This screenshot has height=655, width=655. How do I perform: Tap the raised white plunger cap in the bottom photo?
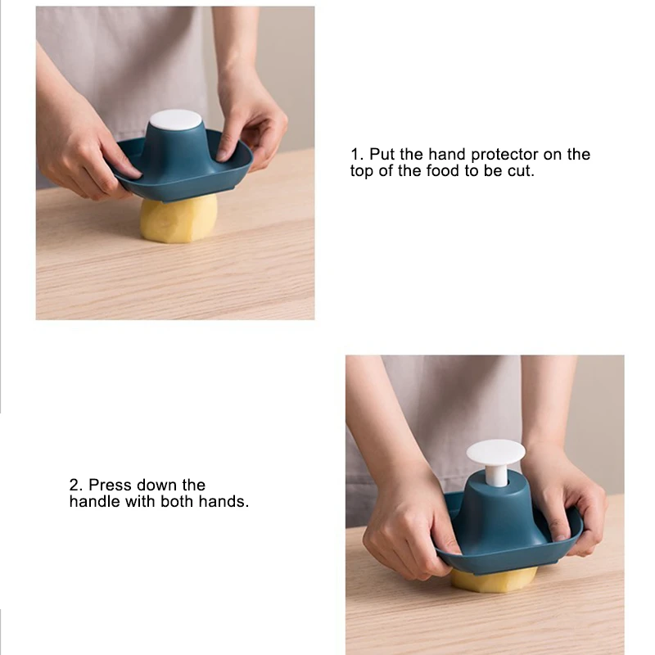coord(495,454)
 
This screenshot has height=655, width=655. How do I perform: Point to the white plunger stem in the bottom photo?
coord(496,477)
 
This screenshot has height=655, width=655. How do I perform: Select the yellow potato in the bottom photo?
coord(494,581)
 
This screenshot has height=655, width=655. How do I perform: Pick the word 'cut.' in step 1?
coord(522,171)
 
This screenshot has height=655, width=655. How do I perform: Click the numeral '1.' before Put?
coord(357,154)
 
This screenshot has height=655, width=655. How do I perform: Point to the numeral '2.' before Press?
coord(76,485)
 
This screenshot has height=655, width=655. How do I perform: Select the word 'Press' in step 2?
coord(111,485)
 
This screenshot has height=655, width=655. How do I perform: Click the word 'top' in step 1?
coord(362,172)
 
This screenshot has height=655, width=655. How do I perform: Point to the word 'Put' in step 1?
coord(382,154)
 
